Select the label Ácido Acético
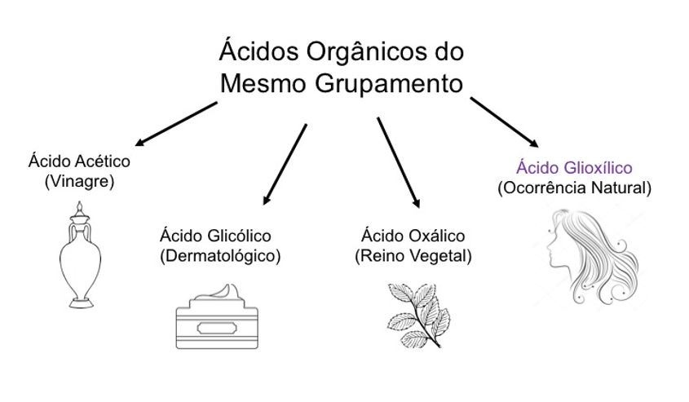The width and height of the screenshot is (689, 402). coord(79,161)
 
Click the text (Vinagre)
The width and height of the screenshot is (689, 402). coord(79,180)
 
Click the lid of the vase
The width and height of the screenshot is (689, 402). coord(79,213)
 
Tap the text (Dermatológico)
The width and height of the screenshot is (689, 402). coord(220,255)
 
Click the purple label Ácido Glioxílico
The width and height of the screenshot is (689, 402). coord(574,168)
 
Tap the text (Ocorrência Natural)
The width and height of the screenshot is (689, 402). coord(575,188)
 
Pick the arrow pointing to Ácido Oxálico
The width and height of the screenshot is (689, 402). coord(399,163)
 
